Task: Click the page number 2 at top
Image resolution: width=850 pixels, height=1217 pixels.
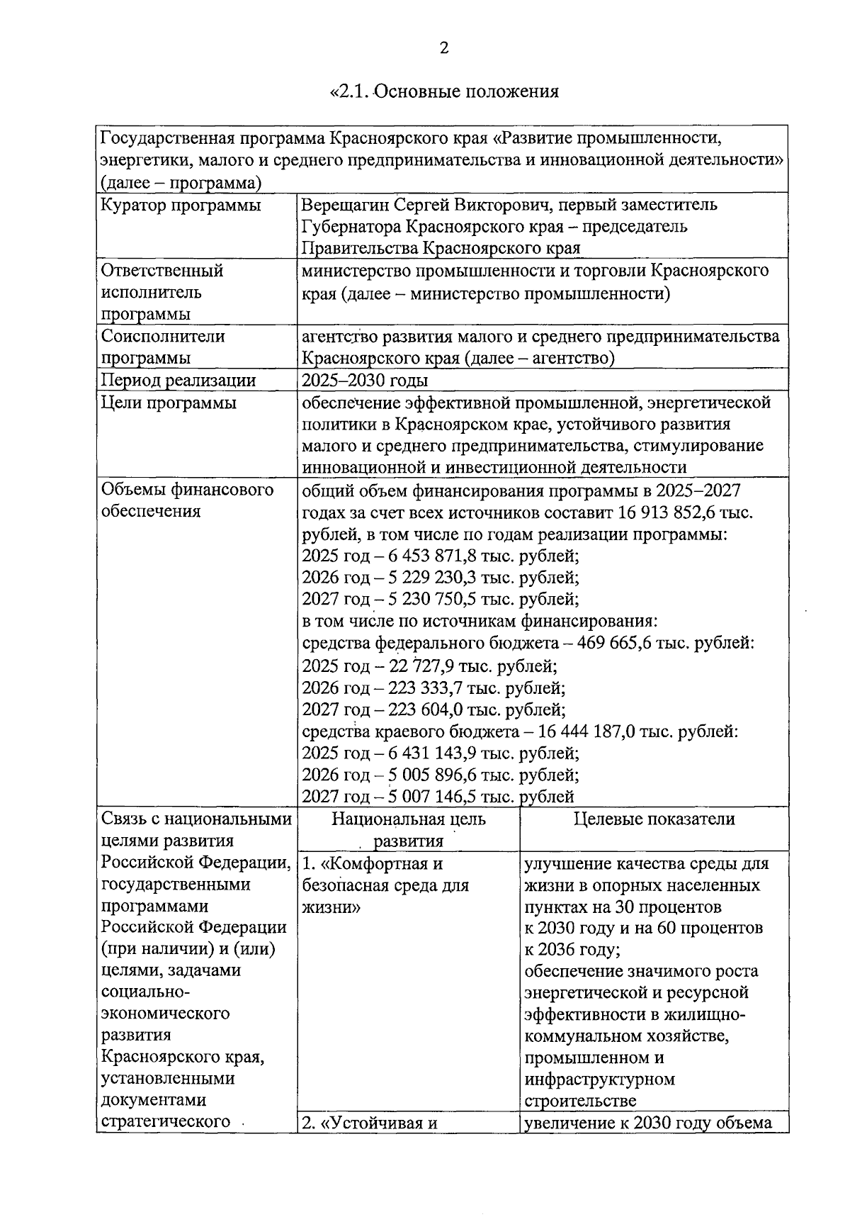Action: point(444,48)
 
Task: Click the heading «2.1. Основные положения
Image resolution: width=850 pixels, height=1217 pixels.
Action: point(444,91)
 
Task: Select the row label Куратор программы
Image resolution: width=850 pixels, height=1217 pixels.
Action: point(181,206)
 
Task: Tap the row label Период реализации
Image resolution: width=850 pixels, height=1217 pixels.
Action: point(178,381)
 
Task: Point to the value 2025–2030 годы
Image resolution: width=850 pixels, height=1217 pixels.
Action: point(364,381)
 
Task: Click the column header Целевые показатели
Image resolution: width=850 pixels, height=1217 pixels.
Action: point(654,819)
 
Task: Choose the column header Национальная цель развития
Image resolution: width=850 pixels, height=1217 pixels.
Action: point(409,829)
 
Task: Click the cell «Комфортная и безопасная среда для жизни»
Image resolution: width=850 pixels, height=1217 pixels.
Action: point(386,885)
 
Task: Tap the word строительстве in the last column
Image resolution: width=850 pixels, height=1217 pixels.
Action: point(580,1101)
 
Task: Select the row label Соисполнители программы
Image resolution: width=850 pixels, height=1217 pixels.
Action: point(163,347)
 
